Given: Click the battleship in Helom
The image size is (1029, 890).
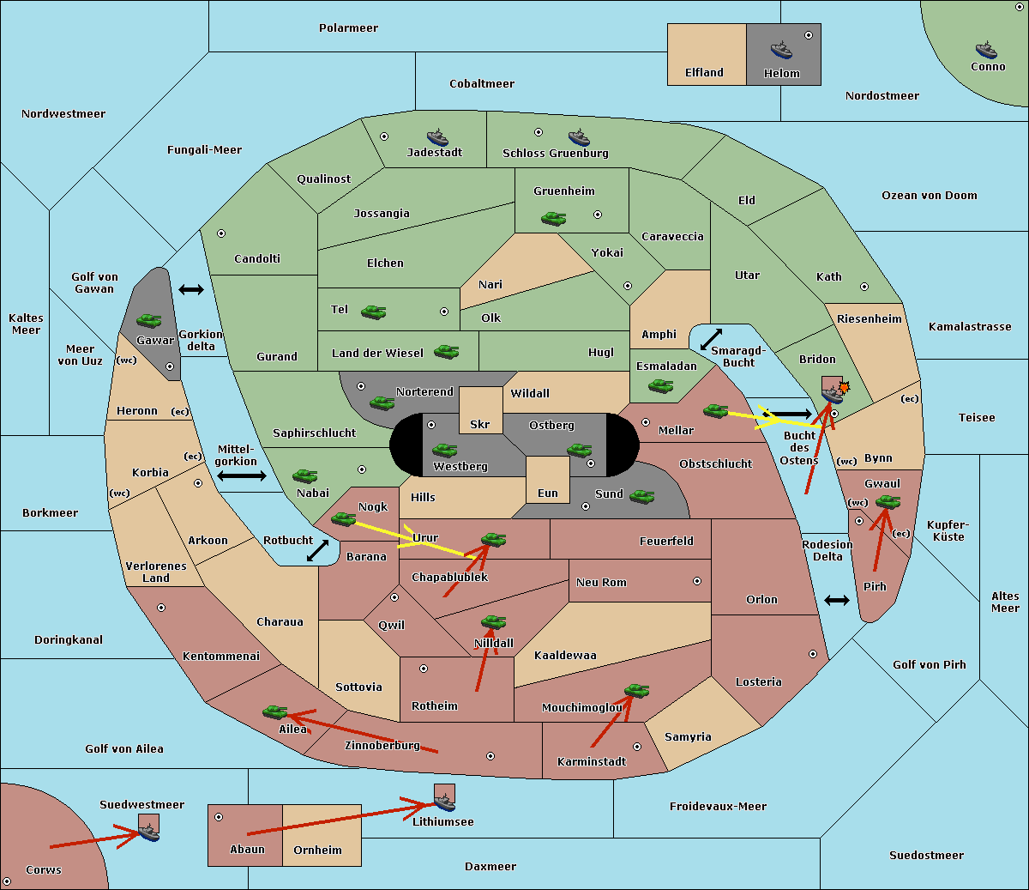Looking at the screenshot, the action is (781, 50).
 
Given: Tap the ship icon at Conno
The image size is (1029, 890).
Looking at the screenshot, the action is (986, 50).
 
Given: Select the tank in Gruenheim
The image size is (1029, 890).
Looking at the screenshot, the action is (554, 218).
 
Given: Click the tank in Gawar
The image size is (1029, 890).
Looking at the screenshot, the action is (148, 320).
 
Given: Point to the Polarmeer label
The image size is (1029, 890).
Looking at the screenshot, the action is (348, 28).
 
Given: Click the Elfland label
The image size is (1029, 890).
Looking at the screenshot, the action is (704, 73).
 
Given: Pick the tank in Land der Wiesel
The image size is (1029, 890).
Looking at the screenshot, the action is (446, 352).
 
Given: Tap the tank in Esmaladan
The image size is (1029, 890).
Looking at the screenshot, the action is (660, 386).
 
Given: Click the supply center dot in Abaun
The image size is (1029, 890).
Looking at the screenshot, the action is (219, 817).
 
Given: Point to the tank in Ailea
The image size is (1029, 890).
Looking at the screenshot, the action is (274, 712).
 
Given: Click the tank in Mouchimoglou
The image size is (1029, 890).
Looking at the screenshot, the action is (637, 690).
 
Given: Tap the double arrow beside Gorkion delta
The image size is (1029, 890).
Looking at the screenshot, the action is (191, 289).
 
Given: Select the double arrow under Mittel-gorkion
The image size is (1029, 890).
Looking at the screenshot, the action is (242, 475).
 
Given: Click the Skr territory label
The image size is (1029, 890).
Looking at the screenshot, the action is (480, 424).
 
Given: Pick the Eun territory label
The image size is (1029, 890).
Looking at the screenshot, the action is (548, 493).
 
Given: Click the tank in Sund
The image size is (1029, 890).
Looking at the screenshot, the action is (641, 496).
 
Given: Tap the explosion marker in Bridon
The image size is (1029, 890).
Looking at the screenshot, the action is (845, 387).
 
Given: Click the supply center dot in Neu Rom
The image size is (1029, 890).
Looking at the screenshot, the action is (697, 581).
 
